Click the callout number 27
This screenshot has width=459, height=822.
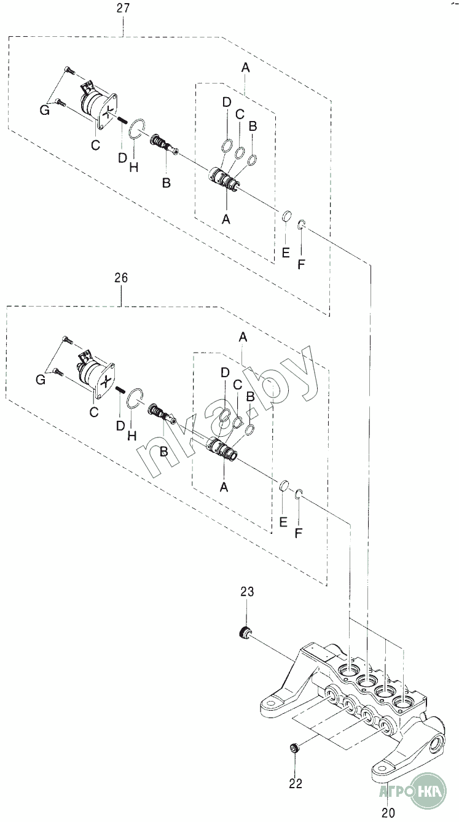(124, 9)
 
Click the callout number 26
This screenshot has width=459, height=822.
(121, 278)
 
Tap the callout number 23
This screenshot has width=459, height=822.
(247, 592)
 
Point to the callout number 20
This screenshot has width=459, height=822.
(388, 813)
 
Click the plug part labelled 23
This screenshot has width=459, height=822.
(243, 633)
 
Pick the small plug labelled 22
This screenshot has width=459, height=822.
(294, 748)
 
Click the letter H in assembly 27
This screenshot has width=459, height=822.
(134, 168)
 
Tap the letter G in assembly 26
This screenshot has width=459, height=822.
(41, 380)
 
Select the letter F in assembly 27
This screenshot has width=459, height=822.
(301, 264)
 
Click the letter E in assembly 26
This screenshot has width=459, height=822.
(283, 522)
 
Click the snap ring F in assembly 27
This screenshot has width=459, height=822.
(301, 224)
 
